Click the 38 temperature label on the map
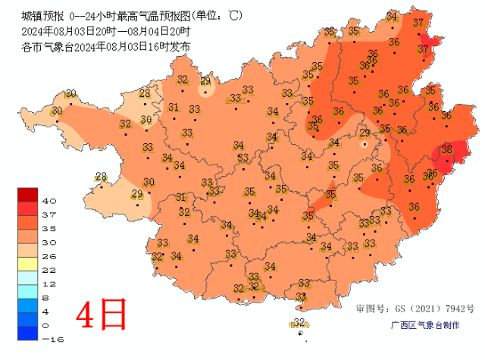coord(446,150)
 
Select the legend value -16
coord(51,340)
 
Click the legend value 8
coord(46,298)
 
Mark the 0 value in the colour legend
coord(46,325)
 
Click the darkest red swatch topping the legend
coord(29,194)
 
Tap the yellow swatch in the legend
coord(29,263)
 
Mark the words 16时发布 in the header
coord(172,47)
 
